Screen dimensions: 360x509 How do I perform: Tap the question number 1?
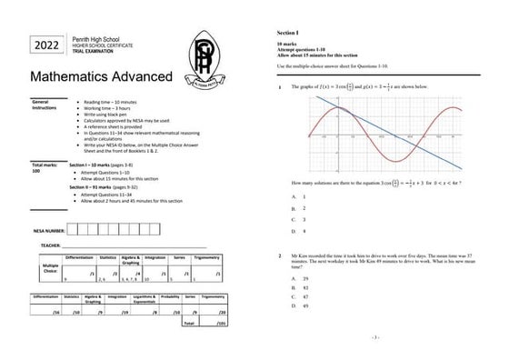pos(280,87)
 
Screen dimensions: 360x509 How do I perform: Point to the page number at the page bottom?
pos(374,337)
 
